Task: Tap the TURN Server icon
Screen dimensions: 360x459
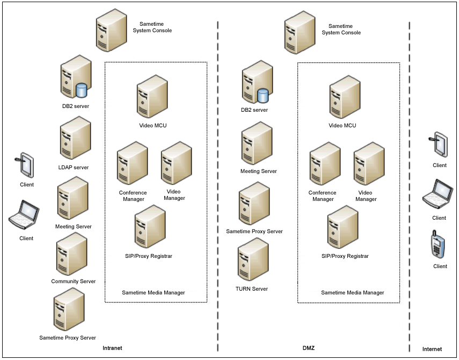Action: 252,261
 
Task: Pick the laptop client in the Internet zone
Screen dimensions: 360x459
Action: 438,195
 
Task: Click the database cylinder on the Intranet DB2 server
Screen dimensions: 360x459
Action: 82,90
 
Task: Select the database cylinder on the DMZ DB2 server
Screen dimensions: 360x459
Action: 263,96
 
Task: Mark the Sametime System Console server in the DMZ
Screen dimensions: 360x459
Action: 299,32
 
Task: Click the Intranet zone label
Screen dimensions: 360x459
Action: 112,348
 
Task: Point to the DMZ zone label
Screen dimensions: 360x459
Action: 308,348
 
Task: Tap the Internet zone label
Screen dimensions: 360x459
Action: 432,349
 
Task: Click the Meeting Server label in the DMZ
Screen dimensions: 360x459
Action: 259,171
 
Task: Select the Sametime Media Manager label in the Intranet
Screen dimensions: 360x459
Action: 154,293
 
